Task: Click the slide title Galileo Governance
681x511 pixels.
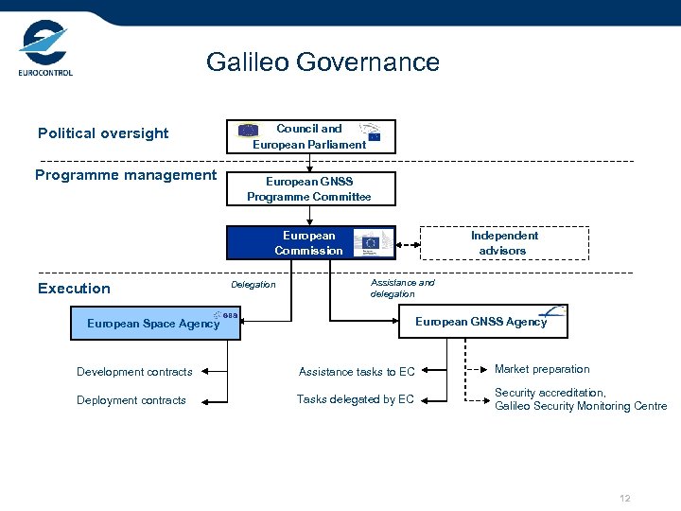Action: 323,62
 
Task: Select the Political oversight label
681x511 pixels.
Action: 103,133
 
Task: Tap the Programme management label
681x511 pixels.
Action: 126,175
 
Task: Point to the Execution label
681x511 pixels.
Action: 74,289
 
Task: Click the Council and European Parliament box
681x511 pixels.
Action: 310,136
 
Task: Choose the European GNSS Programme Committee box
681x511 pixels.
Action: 310,189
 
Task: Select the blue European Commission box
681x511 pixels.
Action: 310,243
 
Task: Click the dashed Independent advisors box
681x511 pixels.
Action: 503,243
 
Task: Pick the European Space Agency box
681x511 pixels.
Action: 157,324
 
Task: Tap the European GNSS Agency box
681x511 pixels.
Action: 483,322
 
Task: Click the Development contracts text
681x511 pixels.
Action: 134,372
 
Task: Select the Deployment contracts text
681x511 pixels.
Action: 131,400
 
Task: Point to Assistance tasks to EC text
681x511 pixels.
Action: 357,372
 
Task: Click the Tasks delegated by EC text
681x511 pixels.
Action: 356,399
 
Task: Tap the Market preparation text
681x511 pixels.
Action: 542,369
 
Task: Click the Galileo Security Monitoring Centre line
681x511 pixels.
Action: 581,406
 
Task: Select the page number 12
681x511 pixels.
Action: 624,499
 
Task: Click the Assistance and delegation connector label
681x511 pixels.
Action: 402,289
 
